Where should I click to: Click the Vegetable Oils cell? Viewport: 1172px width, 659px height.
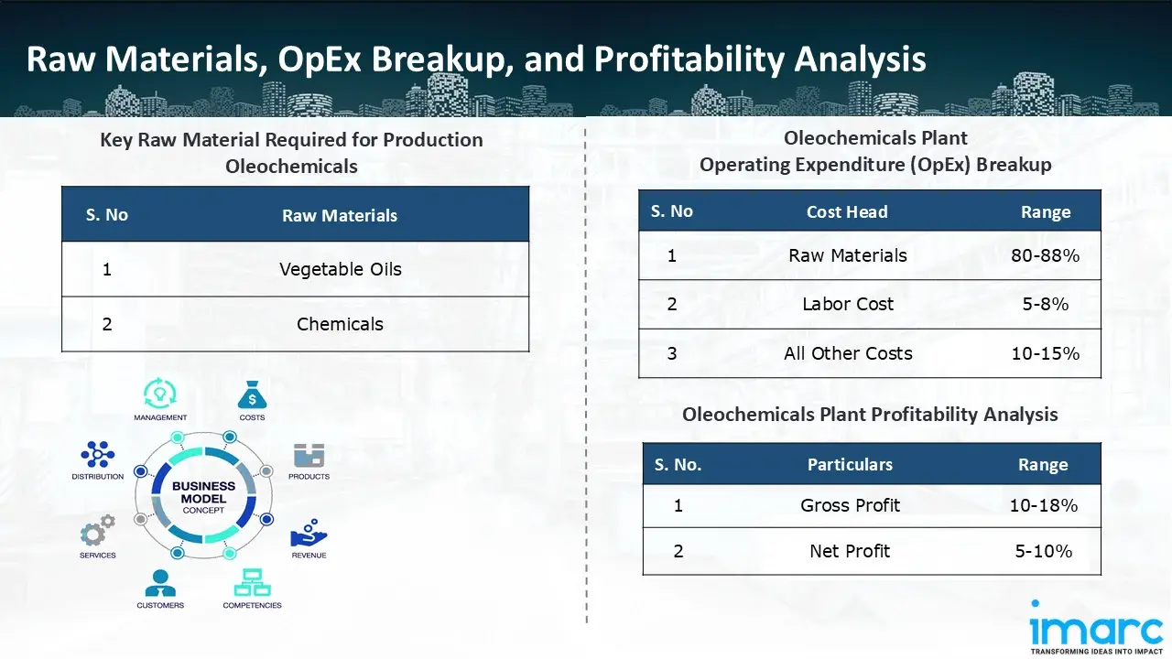(341, 269)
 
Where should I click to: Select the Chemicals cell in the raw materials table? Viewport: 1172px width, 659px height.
(340, 324)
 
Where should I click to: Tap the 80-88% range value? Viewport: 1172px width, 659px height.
(1046, 255)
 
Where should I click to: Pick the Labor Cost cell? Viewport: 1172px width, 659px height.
(848, 304)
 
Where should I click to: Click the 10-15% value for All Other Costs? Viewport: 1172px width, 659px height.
(1046, 353)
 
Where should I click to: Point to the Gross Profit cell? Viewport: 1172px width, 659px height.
(851, 505)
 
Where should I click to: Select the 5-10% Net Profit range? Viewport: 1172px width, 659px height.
(1044, 551)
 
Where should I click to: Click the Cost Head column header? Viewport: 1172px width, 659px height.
(847, 211)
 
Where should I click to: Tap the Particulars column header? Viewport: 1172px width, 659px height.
(851, 464)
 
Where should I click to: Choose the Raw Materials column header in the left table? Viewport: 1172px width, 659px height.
(340, 215)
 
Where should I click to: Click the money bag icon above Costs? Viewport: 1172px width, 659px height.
(252, 394)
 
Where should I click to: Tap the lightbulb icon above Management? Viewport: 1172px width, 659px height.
(160, 394)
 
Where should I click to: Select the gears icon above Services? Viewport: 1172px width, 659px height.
(98, 530)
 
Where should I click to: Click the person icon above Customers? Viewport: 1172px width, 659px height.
(160, 583)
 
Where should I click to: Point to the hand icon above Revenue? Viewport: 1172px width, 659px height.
(309, 533)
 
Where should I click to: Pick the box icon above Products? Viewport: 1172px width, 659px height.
(309, 455)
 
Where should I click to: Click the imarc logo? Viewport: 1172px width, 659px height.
(1096, 627)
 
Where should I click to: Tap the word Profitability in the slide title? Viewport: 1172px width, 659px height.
(689, 59)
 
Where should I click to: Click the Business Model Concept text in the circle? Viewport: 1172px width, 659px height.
(203, 497)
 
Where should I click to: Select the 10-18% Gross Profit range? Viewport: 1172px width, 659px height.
(1044, 505)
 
